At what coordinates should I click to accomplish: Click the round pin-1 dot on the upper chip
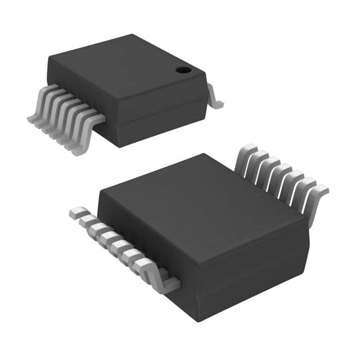pyautogui.click(x=183, y=70)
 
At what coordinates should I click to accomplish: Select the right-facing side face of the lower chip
pyautogui.click(x=253, y=276)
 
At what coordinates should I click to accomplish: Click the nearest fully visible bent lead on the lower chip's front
pyautogui.click(x=163, y=281)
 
